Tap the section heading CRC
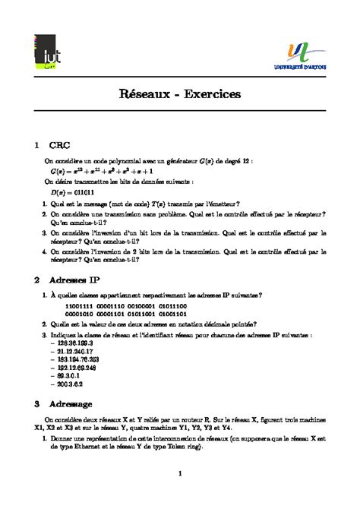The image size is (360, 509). click(x=60, y=144)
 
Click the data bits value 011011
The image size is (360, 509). click(x=90, y=191)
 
